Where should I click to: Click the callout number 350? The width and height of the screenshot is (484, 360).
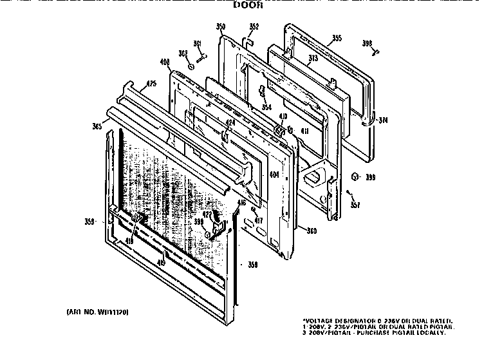pyautogui.click(x=221, y=26)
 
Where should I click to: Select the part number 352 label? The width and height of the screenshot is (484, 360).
pyautogui.click(x=254, y=26)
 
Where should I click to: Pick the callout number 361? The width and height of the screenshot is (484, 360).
pyautogui.click(x=198, y=44)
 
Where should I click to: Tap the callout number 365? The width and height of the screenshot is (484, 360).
pyautogui.click(x=97, y=126)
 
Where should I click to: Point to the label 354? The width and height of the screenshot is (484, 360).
pyautogui.click(x=266, y=107)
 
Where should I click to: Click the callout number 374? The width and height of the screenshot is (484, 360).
pyautogui.click(x=383, y=120)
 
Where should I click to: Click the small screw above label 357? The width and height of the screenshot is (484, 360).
pyautogui.click(x=348, y=191)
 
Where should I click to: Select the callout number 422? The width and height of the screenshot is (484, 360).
pyautogui.click(x=208, y=214)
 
